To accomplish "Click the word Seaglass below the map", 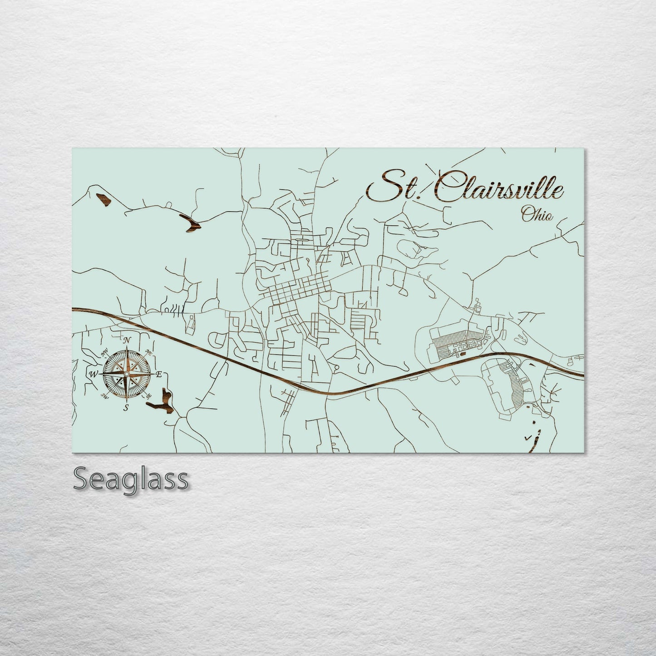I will [x=130, y=479].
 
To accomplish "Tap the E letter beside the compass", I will [x=159, y=375].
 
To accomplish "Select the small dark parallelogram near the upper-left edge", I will [x=103, y=199].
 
